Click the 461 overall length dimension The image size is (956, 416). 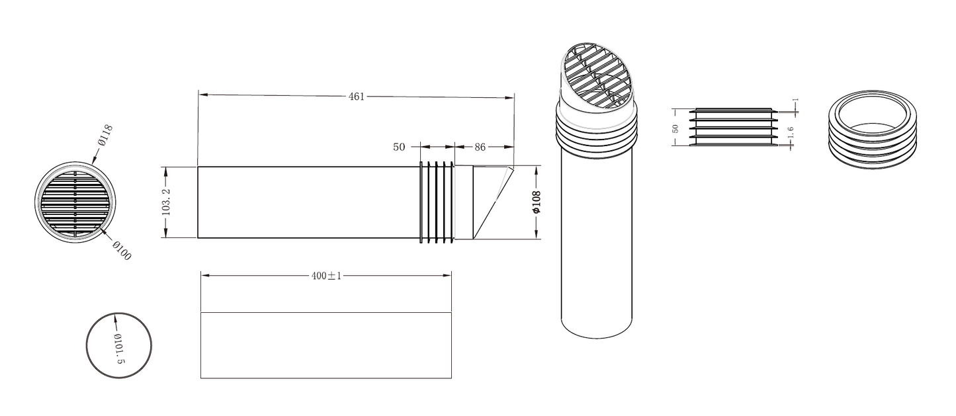click(357, 97)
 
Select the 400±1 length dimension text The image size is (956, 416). click(326, 276)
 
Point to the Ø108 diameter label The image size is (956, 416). click(537, 202)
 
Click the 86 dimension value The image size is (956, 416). click(480, 147)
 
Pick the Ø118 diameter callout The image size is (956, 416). click(105, 135)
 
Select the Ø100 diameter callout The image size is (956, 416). click(122, 251)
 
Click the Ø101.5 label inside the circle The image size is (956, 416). click(119, 349)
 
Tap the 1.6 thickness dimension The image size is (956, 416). click(790, 132)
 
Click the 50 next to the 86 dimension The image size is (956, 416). click(399, 147)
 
